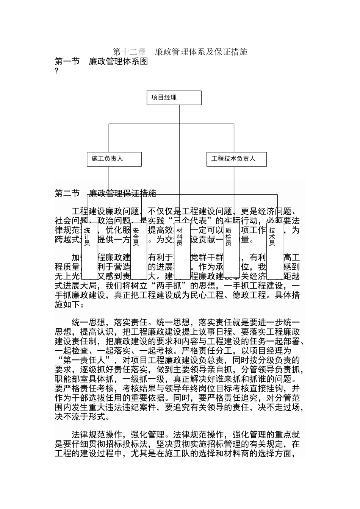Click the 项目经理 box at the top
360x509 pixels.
[x=174, y=98]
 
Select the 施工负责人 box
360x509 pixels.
[x=114, y=159]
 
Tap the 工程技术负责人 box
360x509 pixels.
[x=236, y=159]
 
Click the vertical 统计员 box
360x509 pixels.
[x=90, y=250]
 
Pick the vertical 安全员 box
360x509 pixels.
[x=139, y=250]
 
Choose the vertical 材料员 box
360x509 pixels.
[x=183, y=250]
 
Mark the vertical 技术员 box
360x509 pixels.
[x=274, y=250]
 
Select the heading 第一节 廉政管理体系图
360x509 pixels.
[x=101, y=62]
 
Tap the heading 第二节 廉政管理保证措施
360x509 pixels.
[x=105, y=194]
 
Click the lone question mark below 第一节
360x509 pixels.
[x=56, y=71]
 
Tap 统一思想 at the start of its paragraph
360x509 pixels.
[x=88, y=323]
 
